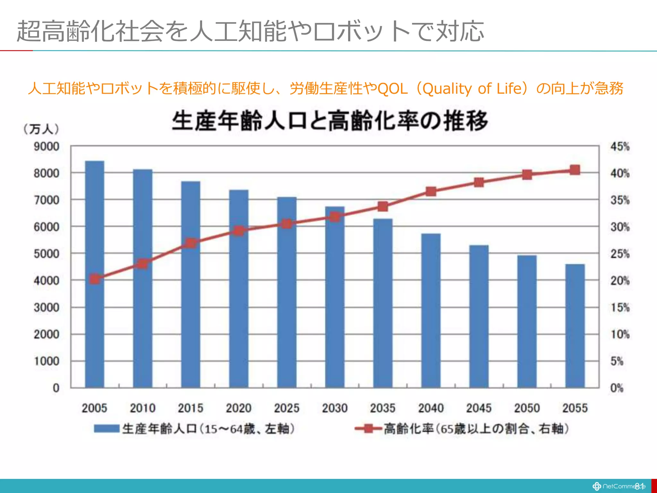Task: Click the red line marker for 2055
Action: [x=575, y=170]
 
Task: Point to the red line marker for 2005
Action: [x=95, y=279]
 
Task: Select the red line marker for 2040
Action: [x=431, y=192]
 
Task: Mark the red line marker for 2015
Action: [x=191, y=243]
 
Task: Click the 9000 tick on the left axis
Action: [x=47, y=147]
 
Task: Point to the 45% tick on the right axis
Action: [x=620, y=147]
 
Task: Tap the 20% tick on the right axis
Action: [x=620, y=281]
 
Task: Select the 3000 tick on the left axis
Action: [x=47, y=307]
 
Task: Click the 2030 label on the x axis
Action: [x=335, y=408]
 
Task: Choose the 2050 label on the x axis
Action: [x=527, y=408]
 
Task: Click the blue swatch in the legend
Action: [x=107, y=428]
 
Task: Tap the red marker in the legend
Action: [x=369, y=428]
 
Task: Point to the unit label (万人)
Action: [x=41, y=129]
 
